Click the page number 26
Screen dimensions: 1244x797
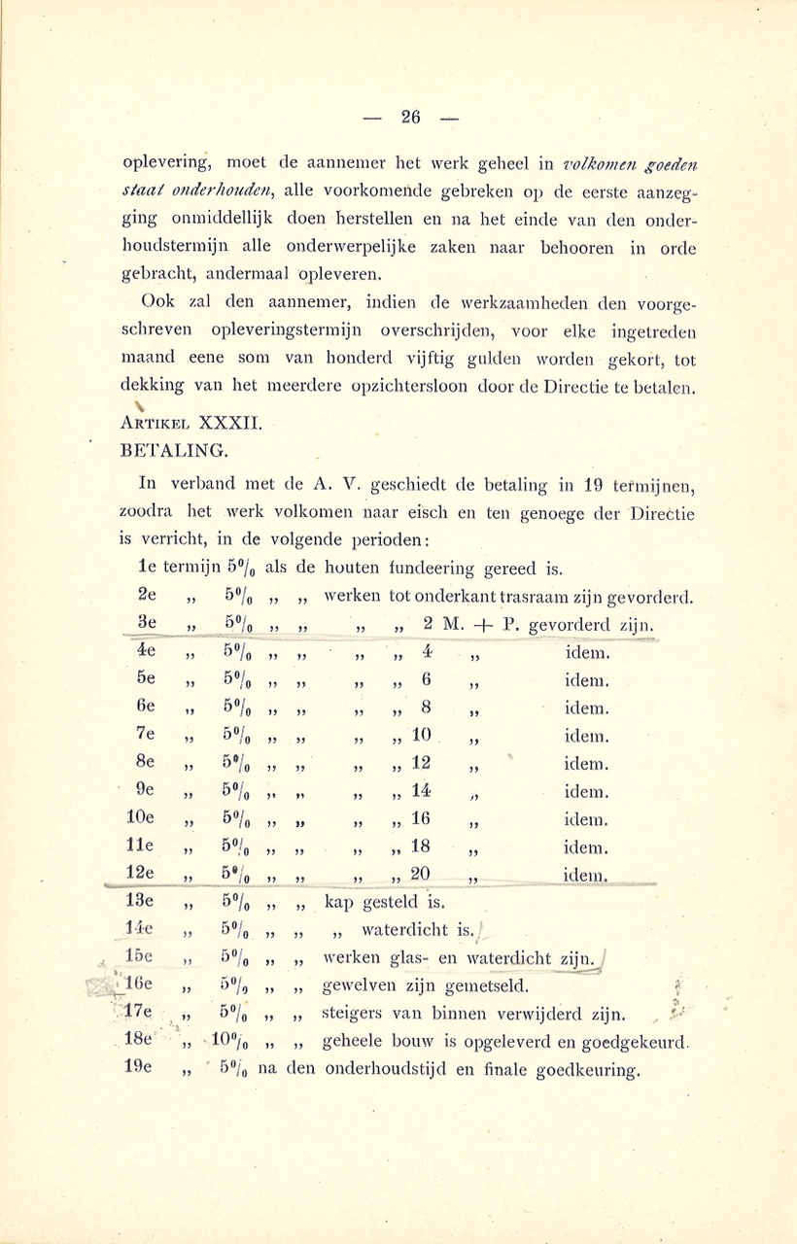pyautogui.click(x=409, y=118)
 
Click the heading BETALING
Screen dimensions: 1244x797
pyautogui.click(x=173, y=450)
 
